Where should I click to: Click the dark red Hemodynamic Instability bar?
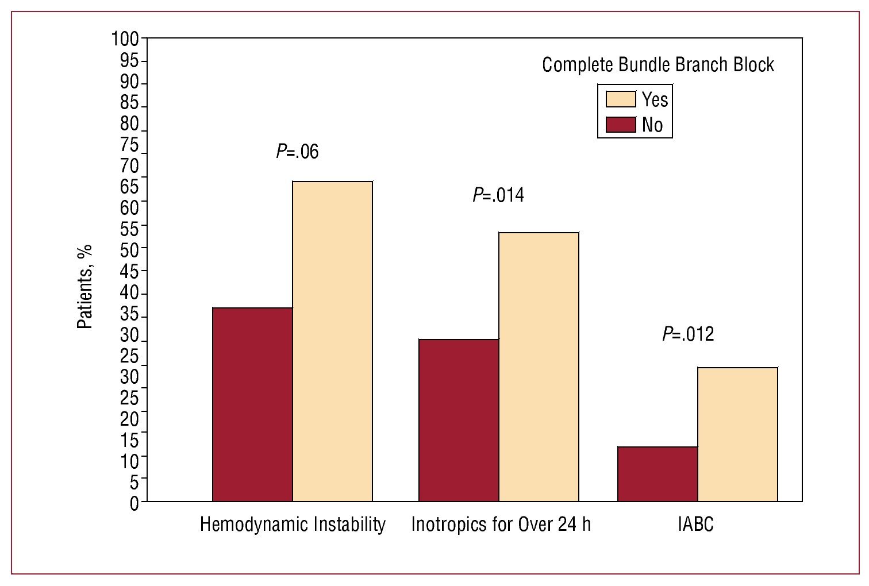[x=252, y=404]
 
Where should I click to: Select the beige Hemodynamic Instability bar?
[x=332, y=341]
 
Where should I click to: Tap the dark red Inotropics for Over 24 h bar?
[x=459, y=420]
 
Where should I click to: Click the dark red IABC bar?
[x=657, y=474]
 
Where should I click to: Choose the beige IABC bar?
[x=737, y=434]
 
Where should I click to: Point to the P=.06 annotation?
[x=297, y=152]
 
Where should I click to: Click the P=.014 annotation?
[x=498, y=195]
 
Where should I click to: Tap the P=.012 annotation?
[x=688, y=334]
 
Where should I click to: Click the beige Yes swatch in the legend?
[x=621, y=99]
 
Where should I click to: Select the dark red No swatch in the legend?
[x=621, y=125]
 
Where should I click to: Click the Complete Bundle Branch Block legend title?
[x=658, y=65]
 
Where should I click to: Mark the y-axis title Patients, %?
[x=84, y=287]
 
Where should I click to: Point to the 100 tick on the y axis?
[x=125, y=39]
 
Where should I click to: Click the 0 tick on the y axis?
[x=134, y=503]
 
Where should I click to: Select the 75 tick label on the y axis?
[x=129, y=145]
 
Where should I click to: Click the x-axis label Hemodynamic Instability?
[x=293, y=525]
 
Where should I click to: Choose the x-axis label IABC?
[x=695, y=525]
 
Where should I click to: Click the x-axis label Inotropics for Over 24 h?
[x=501, y=525]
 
